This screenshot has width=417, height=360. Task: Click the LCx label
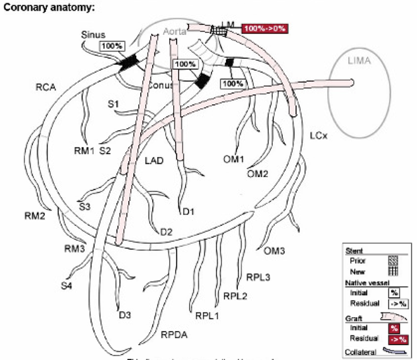tap(319, 136)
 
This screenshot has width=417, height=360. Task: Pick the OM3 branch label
tap(274, 251)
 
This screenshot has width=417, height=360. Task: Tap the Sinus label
tap(94, 33)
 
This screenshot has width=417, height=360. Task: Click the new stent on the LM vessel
tap(218, 31)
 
